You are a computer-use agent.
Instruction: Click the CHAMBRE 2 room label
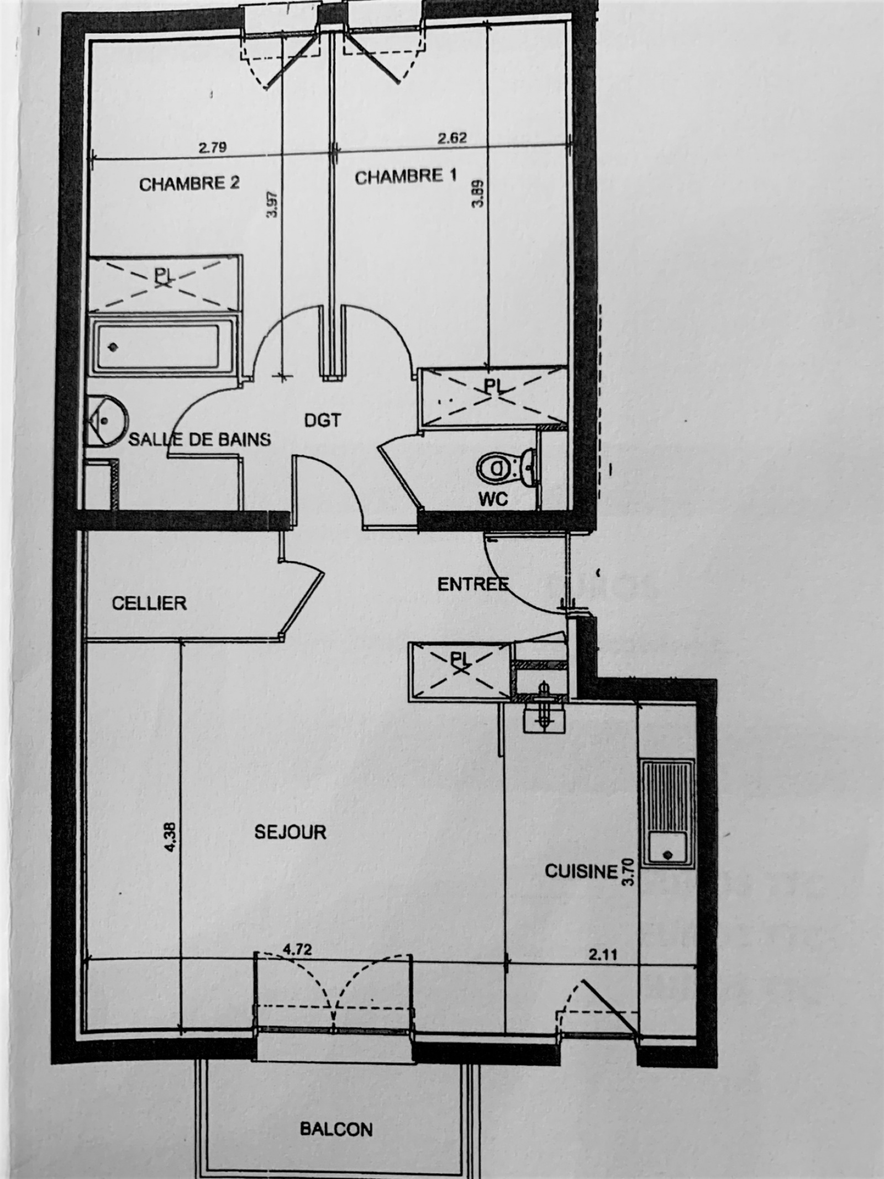(x=190, y=183)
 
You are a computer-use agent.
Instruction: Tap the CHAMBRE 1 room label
(x=406, y=177)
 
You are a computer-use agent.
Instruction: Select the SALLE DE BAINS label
(x=200, y=439)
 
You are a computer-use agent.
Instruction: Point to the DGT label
(x=323, y=421)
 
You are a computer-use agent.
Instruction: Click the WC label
(x=493, y=499)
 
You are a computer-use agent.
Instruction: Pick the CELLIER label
(x=149, y=603)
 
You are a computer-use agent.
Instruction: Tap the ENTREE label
(x=473, y=584)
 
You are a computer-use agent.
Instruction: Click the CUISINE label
(x=581, y=871)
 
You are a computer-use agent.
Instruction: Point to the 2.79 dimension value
(x=213, y=148)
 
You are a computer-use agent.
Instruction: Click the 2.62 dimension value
(x=452, y=138)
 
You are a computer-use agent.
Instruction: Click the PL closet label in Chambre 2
(x=162, y=276)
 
